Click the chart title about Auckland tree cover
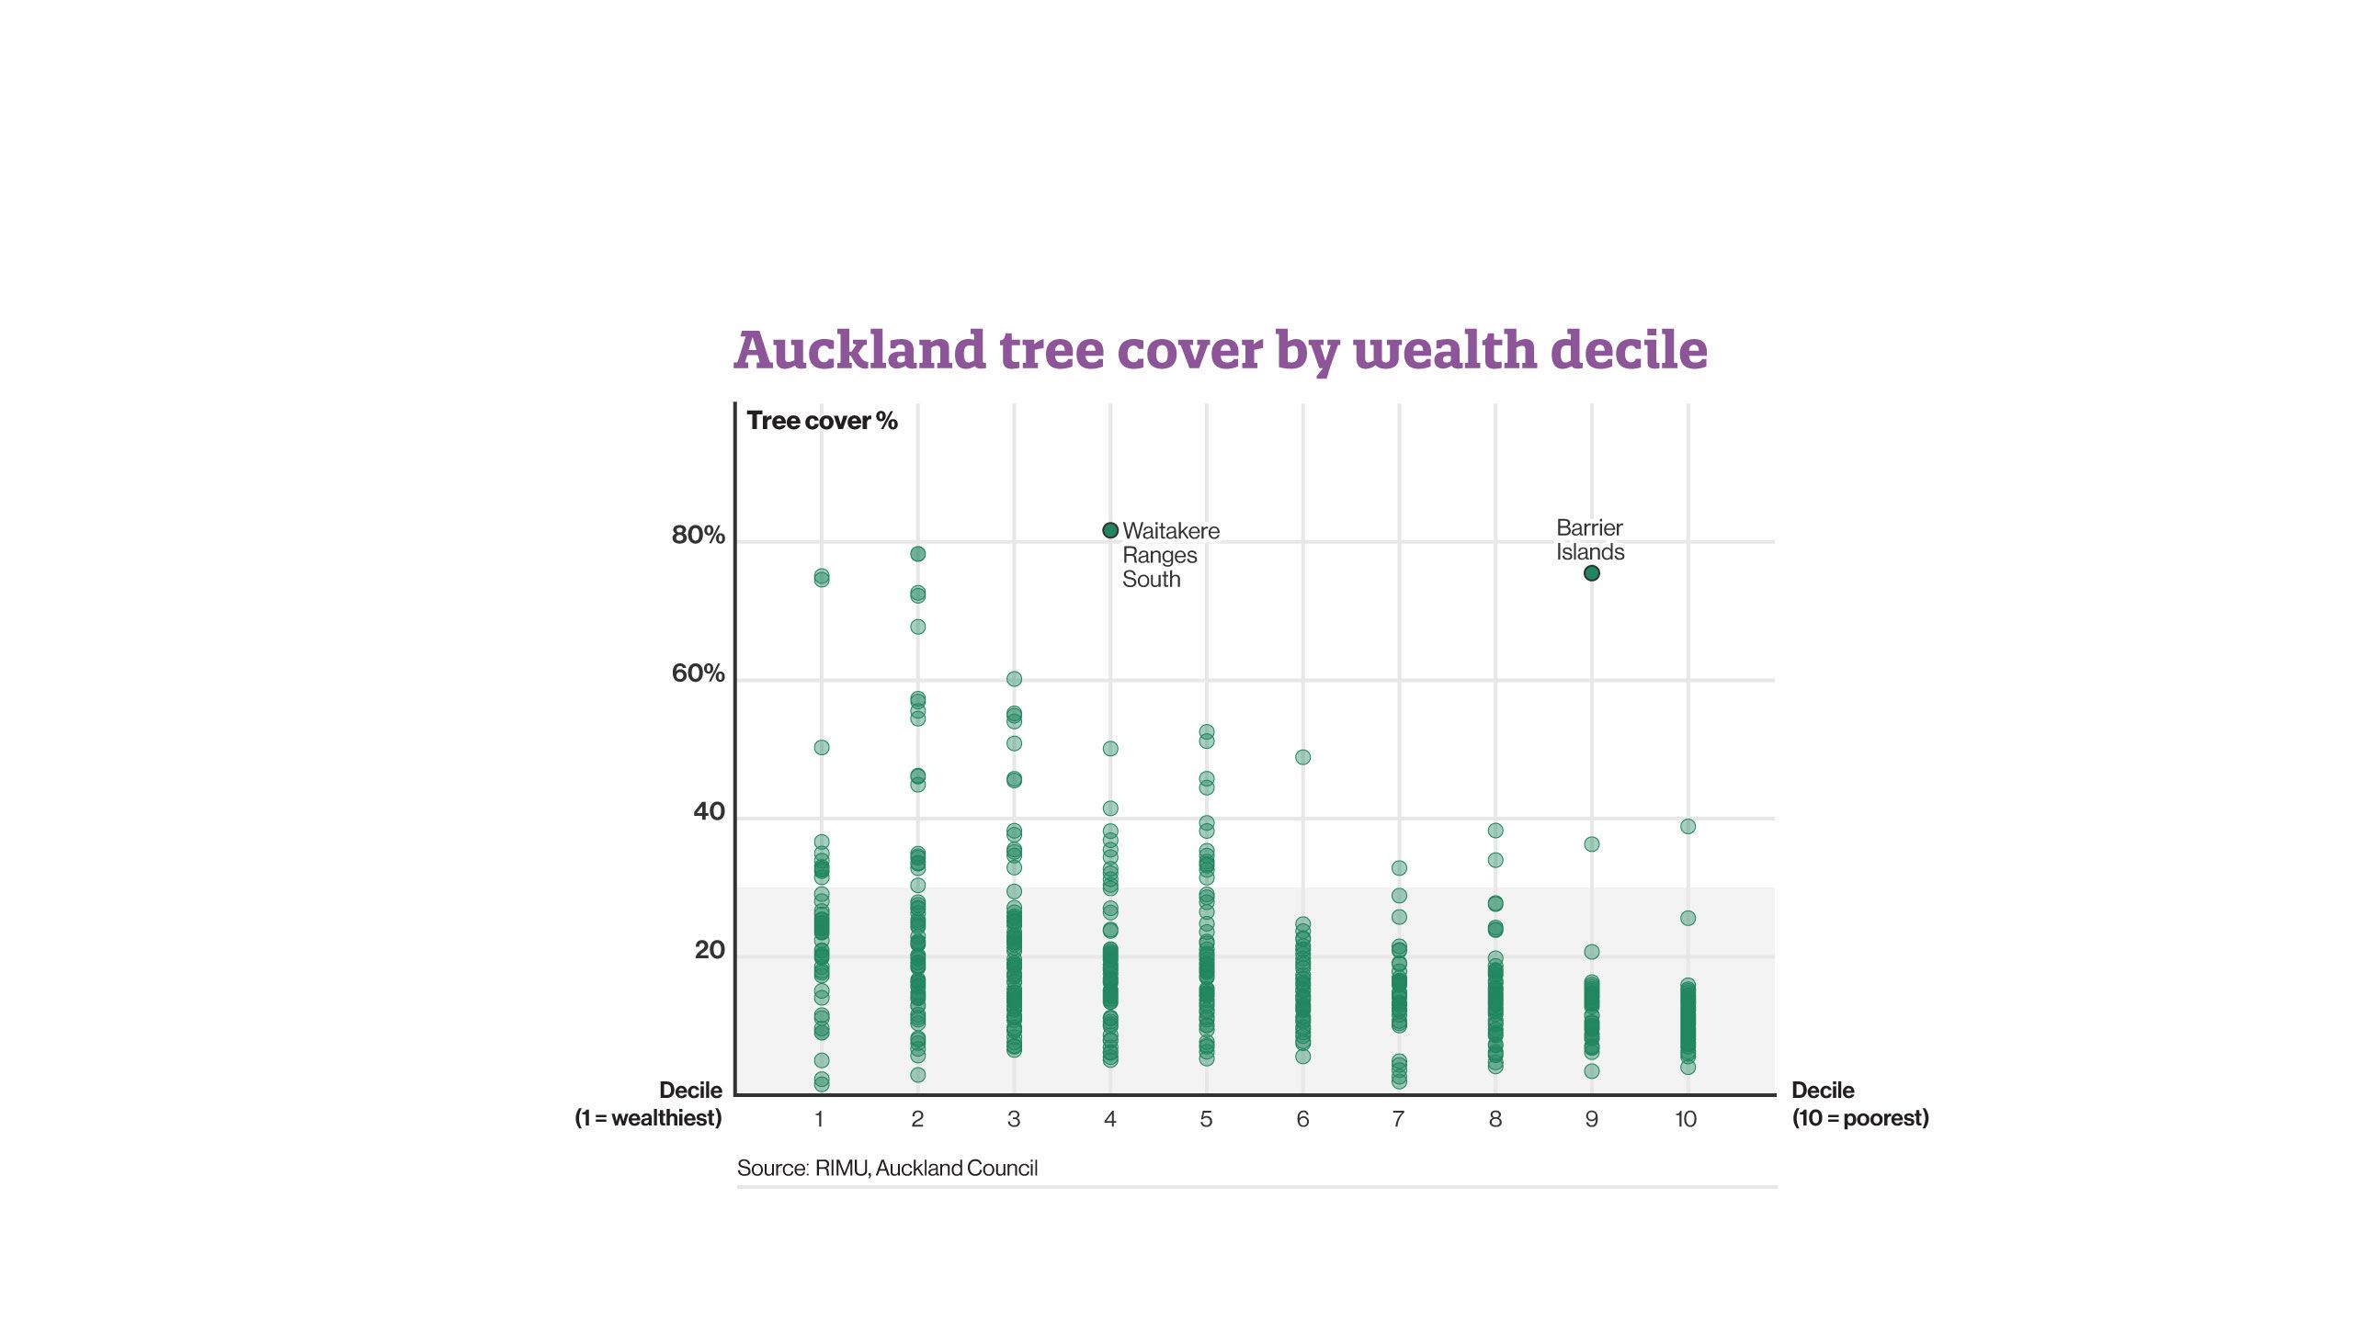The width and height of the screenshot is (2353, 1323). [1221, 350]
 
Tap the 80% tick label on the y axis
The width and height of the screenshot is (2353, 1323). [698, 535]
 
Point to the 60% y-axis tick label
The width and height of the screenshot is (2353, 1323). [698, 673]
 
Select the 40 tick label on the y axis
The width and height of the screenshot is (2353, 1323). [709, 811]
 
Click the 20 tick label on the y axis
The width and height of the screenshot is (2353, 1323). [710, 950]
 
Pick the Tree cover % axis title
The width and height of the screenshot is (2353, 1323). [822, 421]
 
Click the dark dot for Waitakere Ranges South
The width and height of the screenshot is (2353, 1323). [1110, 530]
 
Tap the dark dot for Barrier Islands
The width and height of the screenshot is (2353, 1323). [1592, 573]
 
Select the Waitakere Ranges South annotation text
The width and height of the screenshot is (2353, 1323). [1169, 555]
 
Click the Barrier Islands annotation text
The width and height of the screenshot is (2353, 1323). [1590, 540]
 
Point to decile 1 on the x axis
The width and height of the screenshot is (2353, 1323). [818, 1119]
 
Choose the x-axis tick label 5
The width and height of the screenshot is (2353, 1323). [1206, 1119]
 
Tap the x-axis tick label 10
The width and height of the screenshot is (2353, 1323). [1686, 1119]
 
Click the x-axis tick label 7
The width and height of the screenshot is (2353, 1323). [1398, 1119]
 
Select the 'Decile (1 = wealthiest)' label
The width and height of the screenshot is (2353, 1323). [649, 1104]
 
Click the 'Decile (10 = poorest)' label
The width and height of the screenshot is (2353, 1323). [1859, 1104]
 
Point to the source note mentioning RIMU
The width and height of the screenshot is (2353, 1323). [887, 1168]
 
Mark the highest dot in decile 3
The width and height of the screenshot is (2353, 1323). [1014, 679]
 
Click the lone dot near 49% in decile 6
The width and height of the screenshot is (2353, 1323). [1302, 757]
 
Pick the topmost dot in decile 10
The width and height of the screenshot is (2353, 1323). [1688, 827]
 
